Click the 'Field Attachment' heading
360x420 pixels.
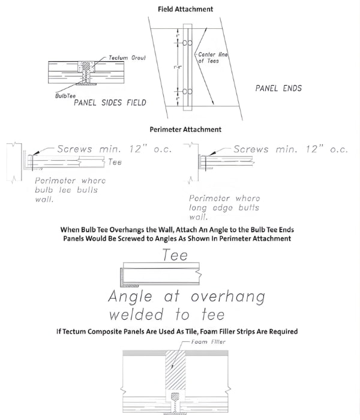185,10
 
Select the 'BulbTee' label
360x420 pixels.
66,95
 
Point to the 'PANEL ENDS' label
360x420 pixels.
278,88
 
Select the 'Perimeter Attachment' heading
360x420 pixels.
185,129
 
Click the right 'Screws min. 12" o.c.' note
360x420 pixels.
290,149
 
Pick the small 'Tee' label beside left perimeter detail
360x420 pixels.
116,162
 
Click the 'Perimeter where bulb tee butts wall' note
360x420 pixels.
70,190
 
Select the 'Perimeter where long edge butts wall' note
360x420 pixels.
224,207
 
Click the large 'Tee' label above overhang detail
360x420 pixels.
175,255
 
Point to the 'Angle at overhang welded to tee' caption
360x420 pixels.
187,305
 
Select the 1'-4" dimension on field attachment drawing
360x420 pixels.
178,67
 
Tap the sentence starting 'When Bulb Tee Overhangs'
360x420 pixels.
185,233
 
